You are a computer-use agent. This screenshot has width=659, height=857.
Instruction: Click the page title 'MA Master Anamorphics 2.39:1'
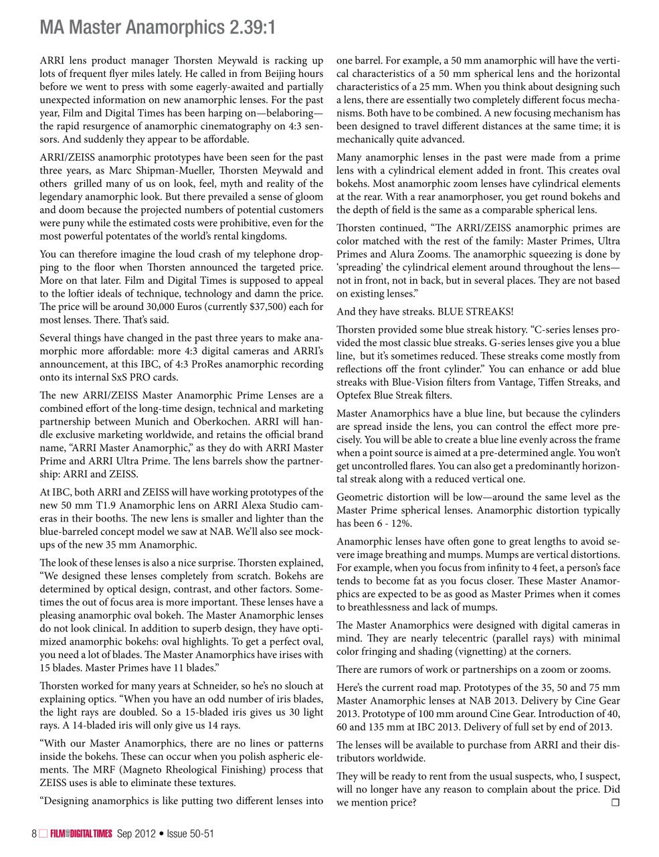(158, 28)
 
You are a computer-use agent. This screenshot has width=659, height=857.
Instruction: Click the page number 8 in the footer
(34, 834)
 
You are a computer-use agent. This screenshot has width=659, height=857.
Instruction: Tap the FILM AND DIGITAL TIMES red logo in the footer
(81, 834)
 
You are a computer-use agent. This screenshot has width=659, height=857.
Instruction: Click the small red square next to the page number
(43, 834)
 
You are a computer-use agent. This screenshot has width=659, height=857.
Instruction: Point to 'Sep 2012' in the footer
(136, 834)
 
